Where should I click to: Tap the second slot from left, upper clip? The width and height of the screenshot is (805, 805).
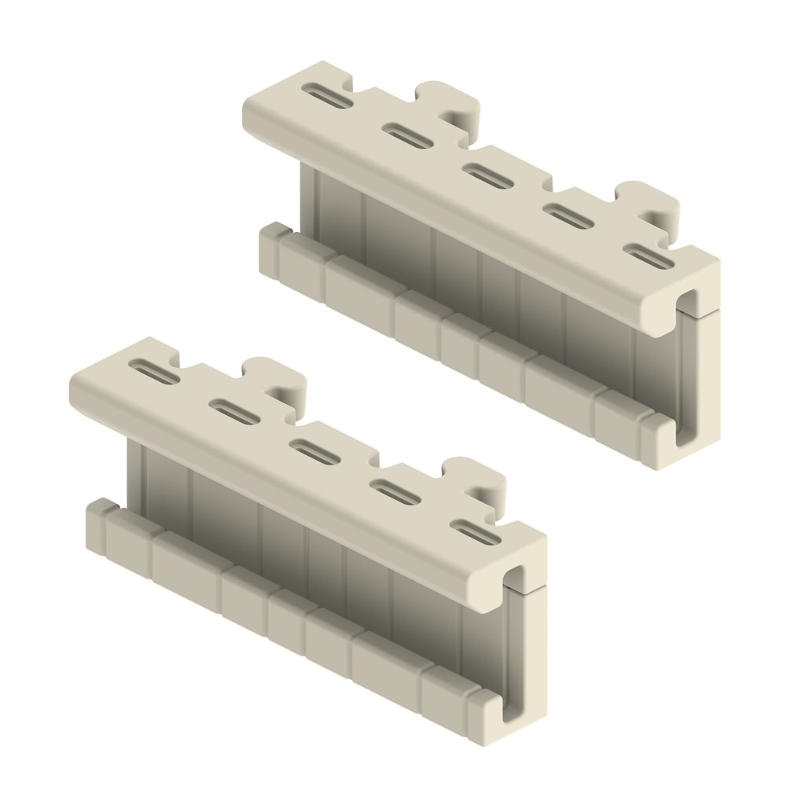pyautogui.click(x=407, y=135)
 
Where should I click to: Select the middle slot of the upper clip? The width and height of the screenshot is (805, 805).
pyautogui.click(x=487, y=174)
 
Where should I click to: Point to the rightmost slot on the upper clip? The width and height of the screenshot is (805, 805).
pyautogui.click(x=649, y=256)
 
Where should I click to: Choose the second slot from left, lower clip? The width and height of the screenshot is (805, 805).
pyautogui.click(x=233, y=411)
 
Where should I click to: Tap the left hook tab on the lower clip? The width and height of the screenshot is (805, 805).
pyautogui.click(x=281, y=382)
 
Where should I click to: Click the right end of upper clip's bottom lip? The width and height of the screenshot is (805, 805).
pyautogui.click(x=657, y=444)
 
